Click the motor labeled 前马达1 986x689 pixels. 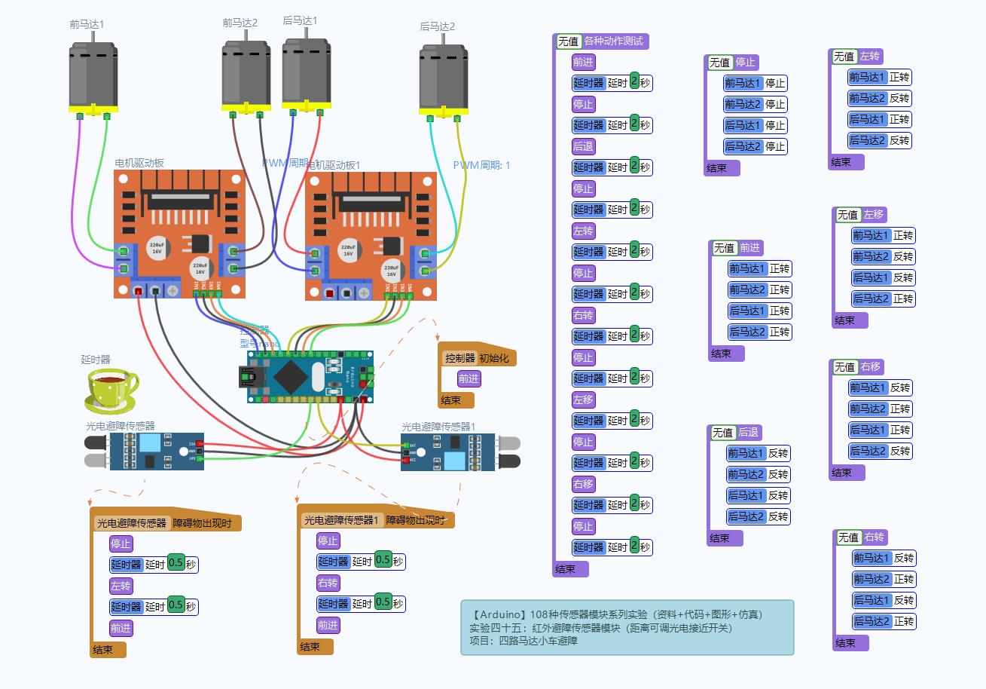pyautogui.click(x=93, y=75)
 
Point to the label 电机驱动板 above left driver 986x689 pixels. pyautogui.click(x=139, y=163)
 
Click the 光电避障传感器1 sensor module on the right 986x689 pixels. pyautogui.click(x=449, y=452)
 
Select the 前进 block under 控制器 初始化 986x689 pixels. pyautogui.click(x=469, y=378)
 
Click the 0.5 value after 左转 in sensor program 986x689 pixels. pyautogui.click(x=176, y=605)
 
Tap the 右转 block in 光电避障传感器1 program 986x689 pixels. pyautogui.click(x=328, y=583)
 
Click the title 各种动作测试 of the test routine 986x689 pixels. pyautogui.click(x=613, y=41)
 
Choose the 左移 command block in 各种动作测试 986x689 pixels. pyautogui.click(x=583, y=400)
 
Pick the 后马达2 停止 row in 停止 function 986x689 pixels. pyautogui.click(x=755, y=146)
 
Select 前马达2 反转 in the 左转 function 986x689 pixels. pyautogui.click(x=879, y=98)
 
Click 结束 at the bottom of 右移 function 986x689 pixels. pyautogui.click(x=841, y=473)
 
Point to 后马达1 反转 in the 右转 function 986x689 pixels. pyautogui.click(x=883, y=600)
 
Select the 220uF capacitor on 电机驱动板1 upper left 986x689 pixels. pyautogui.click(x=347, y=250)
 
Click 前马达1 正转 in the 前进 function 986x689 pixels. pyautogui.click(x=759, y=268)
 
